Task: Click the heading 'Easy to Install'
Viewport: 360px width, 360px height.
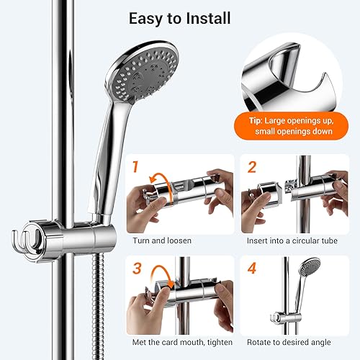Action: [179, 17]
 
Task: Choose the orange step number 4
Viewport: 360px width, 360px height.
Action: [253, 269]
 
